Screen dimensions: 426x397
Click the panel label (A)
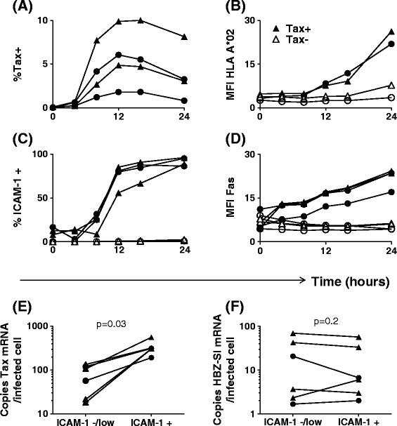click(x=12, y=8)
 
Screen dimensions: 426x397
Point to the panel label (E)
click(x=12, y=306)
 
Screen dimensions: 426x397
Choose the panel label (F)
click(x=218, y=306)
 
